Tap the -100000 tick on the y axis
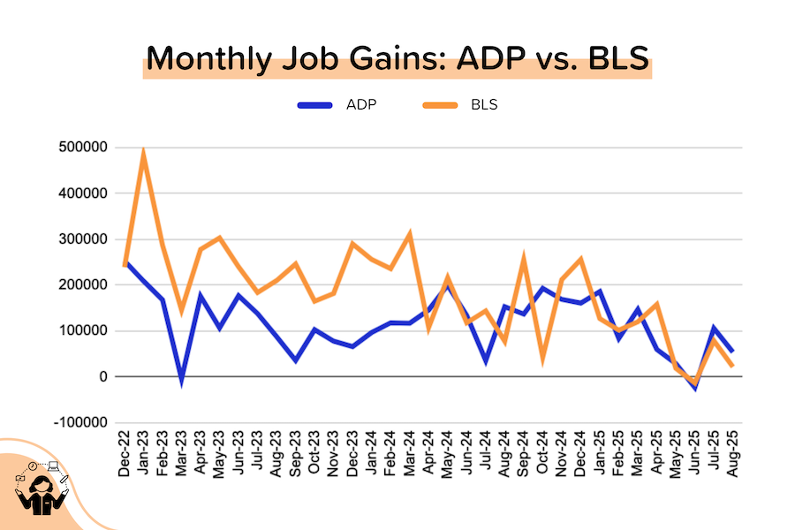[82, 423]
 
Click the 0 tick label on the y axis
[104, 377]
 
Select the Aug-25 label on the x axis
[732, 453]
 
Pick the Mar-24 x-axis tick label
[410, 453]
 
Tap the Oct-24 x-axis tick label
[542, 453]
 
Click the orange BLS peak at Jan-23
[143, 153]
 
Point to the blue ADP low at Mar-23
[181, 381]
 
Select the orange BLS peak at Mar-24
[410, 234]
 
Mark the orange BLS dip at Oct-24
[542, 358]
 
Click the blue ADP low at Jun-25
[694, 387]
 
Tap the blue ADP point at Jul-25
[714, 329]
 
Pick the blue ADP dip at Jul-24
[486, 360]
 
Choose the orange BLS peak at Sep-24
[524, 257]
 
